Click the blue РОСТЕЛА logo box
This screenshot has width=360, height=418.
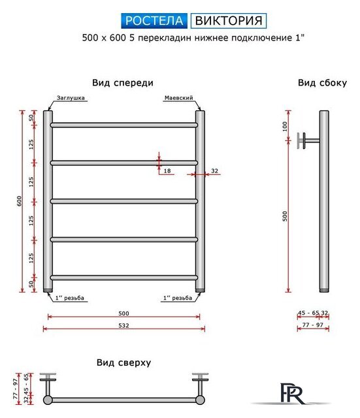pyautogui.click(x=155, y=20)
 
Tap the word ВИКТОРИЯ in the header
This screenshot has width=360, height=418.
pyautogui.click(x=228, y=20)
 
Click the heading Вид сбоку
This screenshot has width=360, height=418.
pyautogui.click(x=318, y=83)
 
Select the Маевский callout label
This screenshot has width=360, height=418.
pyautogui.click(x=177, y=98)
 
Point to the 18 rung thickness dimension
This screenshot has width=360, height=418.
pyautogui.click(x=167, y=170)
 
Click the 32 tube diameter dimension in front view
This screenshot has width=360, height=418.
pyautogui.click(x=214, y=170)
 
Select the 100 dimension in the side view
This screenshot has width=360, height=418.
pyautogui.click(x=285, y=126)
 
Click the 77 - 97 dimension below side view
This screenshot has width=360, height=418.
pyautogui.click(x=312, y=325)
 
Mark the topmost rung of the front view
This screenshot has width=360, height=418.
pyautogui.click(x=123, y=125)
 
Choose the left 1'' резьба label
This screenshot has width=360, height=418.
pyautogui.click(x=71, y=298)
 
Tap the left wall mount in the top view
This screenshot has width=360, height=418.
pyautogui.click(x=48, y=380)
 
